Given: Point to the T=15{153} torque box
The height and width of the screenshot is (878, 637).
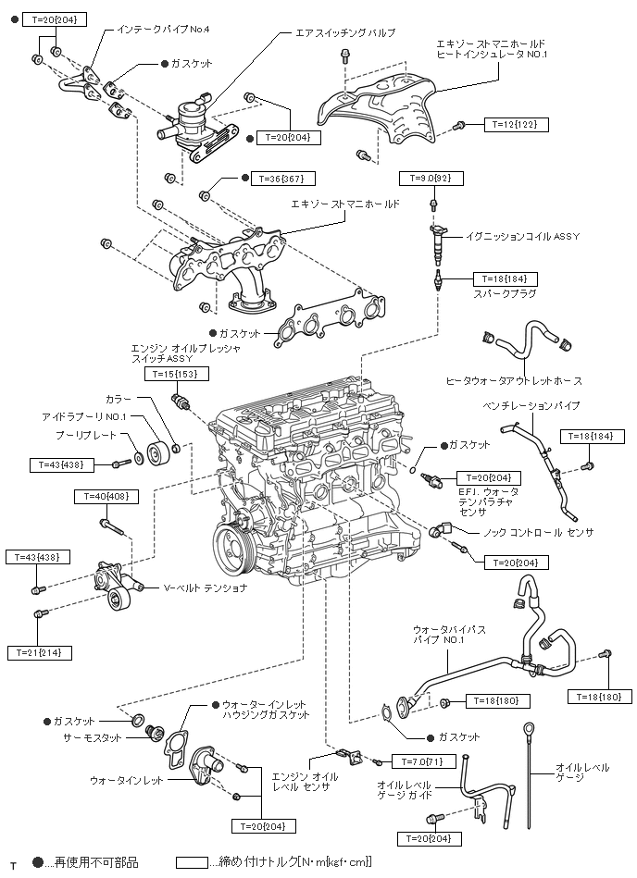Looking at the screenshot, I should tap(177, 374).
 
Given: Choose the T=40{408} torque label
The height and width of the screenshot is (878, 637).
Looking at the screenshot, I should tap(106, 497).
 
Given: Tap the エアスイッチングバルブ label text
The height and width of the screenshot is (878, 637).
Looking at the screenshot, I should tap(344, 32).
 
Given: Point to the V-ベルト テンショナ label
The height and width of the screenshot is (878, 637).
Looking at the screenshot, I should tap(206, 587).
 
